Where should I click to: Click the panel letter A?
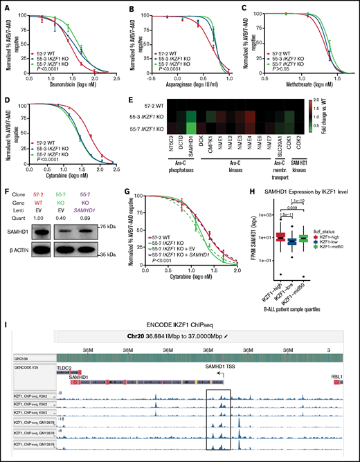click(x=6, y=6)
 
